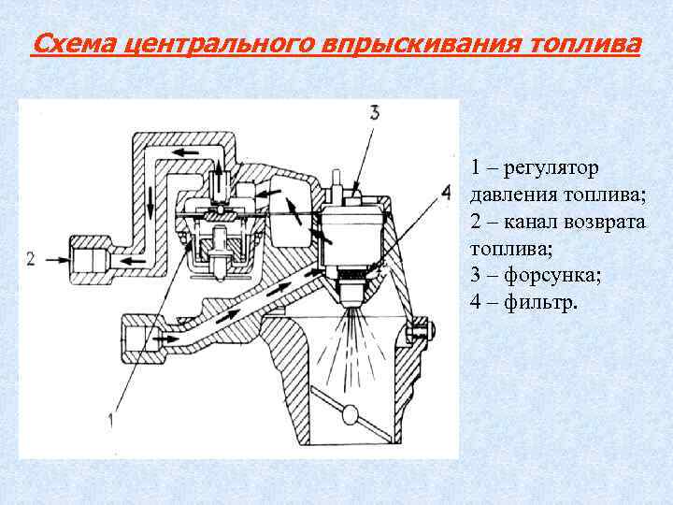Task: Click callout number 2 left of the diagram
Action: pyautogui.click(x=31, y=258)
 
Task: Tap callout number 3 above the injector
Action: pyautogui.click(x=374, y=113)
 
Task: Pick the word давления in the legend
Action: pyautogui.click(x=512, y=195)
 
